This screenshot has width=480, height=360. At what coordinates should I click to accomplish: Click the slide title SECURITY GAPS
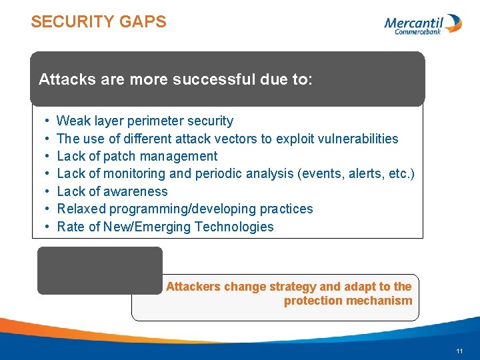point(99,22)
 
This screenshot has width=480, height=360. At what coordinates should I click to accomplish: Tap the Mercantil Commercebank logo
point(423,25)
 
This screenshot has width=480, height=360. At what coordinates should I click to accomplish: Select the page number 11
point(459,351)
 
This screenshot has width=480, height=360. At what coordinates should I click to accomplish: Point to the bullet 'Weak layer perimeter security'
point(145,121)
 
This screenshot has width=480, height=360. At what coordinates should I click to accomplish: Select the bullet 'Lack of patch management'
point(137,156)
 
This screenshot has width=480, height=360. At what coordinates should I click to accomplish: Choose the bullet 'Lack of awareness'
point(112,191)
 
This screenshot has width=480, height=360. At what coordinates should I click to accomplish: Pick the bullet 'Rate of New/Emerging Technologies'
point(165,227)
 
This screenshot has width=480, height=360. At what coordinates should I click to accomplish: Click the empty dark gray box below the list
point(99,270)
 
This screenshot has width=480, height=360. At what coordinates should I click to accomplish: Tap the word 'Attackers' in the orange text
point(193,287)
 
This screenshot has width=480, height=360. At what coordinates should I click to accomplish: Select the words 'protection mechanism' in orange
point(348,301)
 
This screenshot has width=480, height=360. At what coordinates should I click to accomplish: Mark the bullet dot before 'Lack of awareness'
point(47,191)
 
